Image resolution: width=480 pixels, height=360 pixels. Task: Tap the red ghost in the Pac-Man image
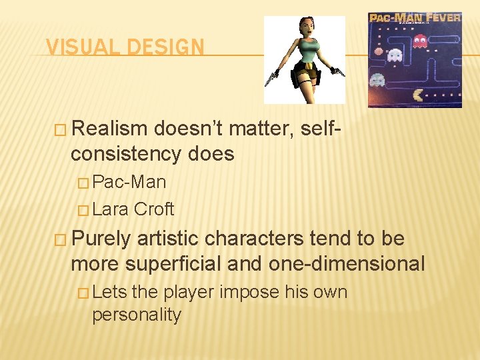point(420,42)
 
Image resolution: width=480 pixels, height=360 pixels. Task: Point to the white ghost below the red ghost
point(395,55)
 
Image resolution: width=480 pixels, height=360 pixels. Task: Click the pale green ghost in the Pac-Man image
point(377,80)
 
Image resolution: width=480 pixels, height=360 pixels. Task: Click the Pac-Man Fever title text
point(415,18)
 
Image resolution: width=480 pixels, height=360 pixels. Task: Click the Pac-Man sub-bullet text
point(129,182)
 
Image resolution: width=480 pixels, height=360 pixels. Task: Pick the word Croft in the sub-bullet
point(154,209)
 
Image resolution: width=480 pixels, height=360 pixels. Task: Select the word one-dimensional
point(347,264)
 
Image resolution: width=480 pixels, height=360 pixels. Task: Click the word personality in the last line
point(137,315)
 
